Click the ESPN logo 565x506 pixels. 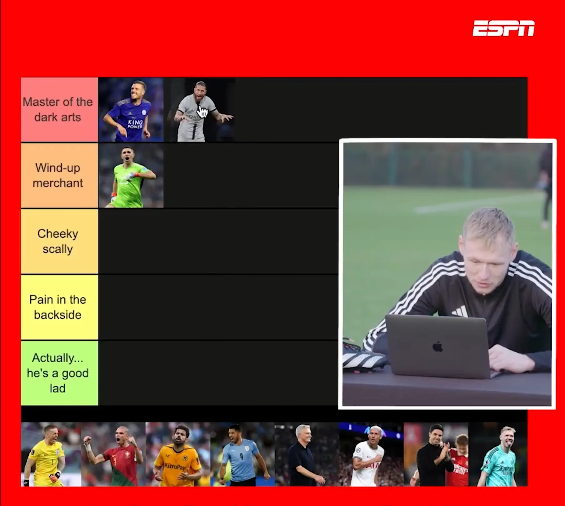point(503,28)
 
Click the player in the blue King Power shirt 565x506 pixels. point(131,110)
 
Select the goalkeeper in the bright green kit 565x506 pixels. point(131,176)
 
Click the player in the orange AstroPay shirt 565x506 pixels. point(178,454)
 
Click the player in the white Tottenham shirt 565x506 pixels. point(369,454)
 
